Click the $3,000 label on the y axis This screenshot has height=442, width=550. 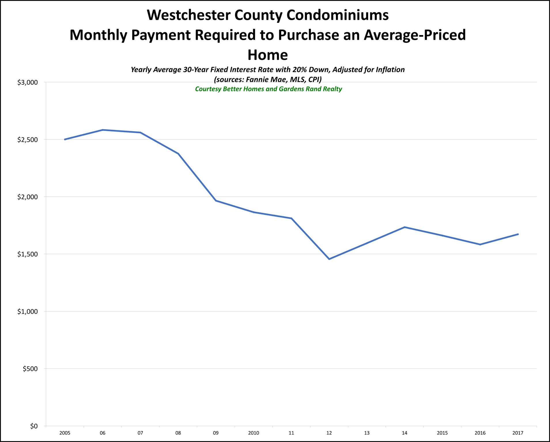pyautogui.click(x=28, y=83)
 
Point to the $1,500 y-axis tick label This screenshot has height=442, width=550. pyautogui.click(x=28, y=254)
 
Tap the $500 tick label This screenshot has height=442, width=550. pyautogui.click(x=30, y=369)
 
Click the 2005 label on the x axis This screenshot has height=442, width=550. pyautogui.click(x=65, y=433)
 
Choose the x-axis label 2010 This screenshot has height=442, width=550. pyautogui.click(x=254, y=433)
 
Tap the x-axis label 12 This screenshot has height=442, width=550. pyautogui.click(x=329, y=433)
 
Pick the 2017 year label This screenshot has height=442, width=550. pyautogui.click(x=518, y=433)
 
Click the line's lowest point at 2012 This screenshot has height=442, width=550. pyautogui.click(x=329, y=259)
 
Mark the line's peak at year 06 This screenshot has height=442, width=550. pyautogui.click(x=103, y=130)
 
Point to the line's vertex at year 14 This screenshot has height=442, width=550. pyautogui.click(x=405, y=227)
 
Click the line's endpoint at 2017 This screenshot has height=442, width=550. pyautogui.click(x=518, y=234)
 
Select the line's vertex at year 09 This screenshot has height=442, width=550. pyautogui.click(x=216, y=201)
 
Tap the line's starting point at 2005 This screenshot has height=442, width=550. pyautogui.click(x=65, y=139)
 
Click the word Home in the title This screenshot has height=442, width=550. pyautogui.click(x=268, y=55)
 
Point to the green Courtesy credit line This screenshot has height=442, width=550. pyautogui.click(x=268, y=89)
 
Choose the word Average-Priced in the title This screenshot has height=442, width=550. pyautogui.click(x=414, y=35)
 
